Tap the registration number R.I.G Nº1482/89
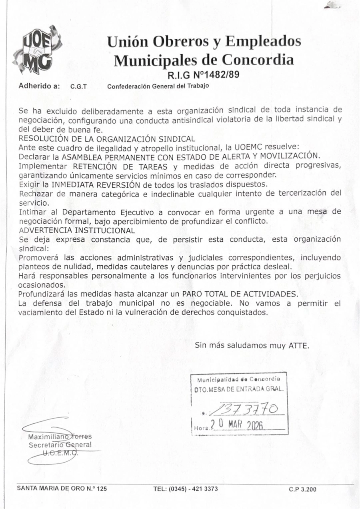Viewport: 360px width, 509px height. [204, 74]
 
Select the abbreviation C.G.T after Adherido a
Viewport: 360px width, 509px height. [79, 86]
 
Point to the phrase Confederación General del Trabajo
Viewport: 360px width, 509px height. [158, 86]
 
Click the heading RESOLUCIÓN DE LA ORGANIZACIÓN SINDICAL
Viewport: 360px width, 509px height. [107, 139]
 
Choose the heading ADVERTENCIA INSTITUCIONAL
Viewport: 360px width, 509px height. [77, 230]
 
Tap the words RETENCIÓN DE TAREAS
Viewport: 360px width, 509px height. [120, 166]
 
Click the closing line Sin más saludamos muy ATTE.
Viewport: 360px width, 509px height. [252, 345]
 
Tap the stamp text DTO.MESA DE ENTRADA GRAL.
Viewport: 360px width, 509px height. [239, 388]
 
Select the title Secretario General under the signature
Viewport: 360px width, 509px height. [60, 445]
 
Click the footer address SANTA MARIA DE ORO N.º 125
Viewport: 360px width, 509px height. [62, 489]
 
